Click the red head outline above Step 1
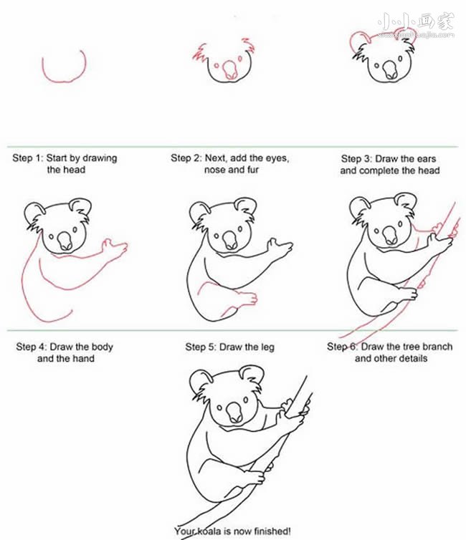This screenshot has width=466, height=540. [x=64, y=81]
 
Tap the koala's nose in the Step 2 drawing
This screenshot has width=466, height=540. [x=229, y=70]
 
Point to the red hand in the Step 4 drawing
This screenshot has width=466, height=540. [x=115, y=248]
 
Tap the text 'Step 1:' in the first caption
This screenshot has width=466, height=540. [x=28, y=158]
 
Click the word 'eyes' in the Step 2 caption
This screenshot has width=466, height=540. [x=277, y=158]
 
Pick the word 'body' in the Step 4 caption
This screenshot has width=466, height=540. [x=103, y=347]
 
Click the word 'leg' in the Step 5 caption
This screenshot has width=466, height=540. [x=267, y=347]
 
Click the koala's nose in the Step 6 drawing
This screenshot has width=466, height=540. [x=390, y=236]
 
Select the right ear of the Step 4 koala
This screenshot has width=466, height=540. [x=80, y=206]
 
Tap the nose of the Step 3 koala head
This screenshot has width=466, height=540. [x=390, y=69]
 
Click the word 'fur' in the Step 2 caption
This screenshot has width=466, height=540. [x=252, y=170]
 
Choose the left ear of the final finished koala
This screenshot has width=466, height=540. [x=201, y=380]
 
